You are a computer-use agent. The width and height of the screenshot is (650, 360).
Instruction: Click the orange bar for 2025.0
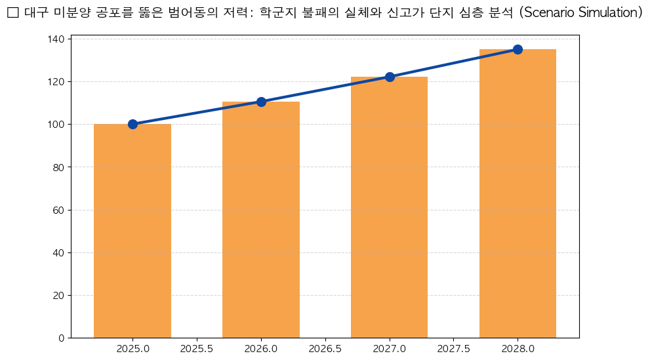(x=132, y=231)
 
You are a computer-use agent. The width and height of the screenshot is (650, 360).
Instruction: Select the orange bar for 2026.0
(x=261, y=220)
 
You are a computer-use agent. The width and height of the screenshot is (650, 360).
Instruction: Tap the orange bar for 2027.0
(x=390, y=207)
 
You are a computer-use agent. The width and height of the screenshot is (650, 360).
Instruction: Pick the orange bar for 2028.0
(x=518, y=193)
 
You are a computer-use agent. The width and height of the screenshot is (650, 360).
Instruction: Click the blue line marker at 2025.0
(x=132, y=124)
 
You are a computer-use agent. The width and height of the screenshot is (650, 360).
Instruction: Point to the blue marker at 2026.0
(x=261, y=102)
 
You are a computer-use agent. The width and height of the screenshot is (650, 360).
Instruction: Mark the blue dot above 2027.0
(x=390, y=77)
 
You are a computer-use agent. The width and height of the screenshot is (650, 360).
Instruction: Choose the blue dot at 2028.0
(x=518, y=49)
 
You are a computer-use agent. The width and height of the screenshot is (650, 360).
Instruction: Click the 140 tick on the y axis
(x=56, y=39)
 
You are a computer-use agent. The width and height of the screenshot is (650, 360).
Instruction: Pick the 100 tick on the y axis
(x=56, y=125)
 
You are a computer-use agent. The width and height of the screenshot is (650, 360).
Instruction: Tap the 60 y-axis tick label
(x=59, y=210)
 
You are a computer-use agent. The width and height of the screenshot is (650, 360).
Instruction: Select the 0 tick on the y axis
(x=62, y=338)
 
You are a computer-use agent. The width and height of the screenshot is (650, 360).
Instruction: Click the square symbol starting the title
(x=12, y=13)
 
